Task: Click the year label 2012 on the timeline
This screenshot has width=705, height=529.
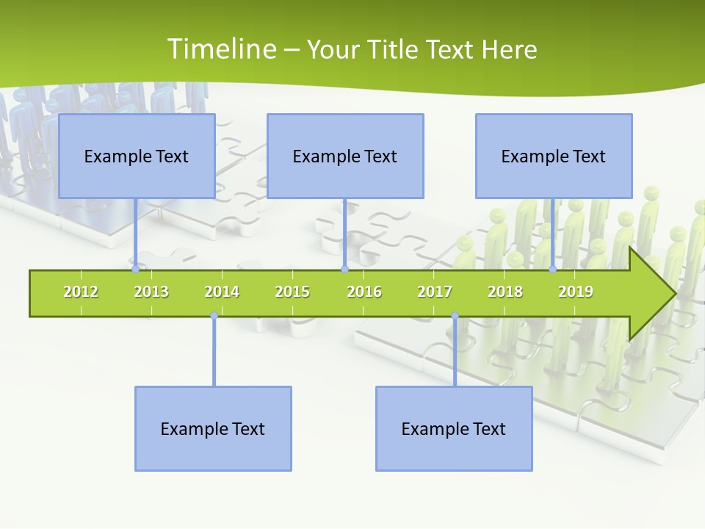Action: [81, 292]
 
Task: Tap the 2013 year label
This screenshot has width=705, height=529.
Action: [151, 292]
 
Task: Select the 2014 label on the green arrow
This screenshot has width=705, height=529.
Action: [222, 292]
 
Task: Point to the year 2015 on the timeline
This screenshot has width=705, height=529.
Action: [292, 292]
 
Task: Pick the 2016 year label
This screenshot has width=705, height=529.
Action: [364, 292]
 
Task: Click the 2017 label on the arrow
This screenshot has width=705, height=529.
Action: [435, 292]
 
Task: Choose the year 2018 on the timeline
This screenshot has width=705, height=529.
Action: [505, 292]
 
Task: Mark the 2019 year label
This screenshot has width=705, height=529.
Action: [576, 292]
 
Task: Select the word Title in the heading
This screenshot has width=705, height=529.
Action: [394, 49]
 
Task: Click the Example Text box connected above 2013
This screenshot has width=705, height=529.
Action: [137, 156]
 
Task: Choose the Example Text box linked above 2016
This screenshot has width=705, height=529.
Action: [345, 156]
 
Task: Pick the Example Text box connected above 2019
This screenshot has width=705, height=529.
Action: [554, 156]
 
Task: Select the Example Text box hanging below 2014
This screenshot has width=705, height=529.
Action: [213, 428]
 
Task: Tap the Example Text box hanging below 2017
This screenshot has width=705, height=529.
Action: [454, 428]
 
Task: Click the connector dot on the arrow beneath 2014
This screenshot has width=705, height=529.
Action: [214, 316]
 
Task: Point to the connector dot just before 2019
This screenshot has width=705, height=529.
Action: [553, 270]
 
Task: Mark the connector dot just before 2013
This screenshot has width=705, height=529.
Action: [135, 270]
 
